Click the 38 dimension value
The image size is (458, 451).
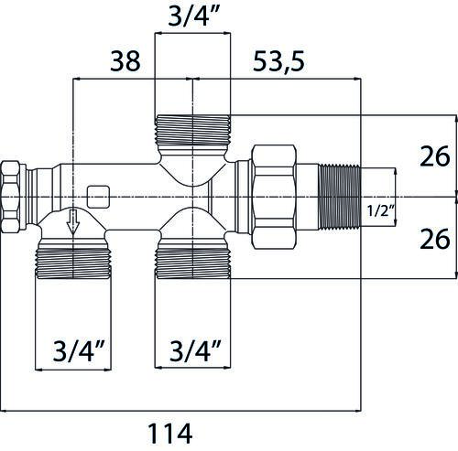pyautogui.click(x=125, y=61)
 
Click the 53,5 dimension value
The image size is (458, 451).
pyautogui.click(x=278, y=62)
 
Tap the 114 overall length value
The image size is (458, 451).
pyautogui.click(x=170, y=434)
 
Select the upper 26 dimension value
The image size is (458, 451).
pyautogui.click(x=435, y=156)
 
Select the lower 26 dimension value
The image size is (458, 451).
pyautogui.click(x=435, y=239)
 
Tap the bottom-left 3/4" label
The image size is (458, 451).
pyautogui.click(x=78, y=350)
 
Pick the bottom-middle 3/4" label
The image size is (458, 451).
pyautogui.click(x=194, y=350)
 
